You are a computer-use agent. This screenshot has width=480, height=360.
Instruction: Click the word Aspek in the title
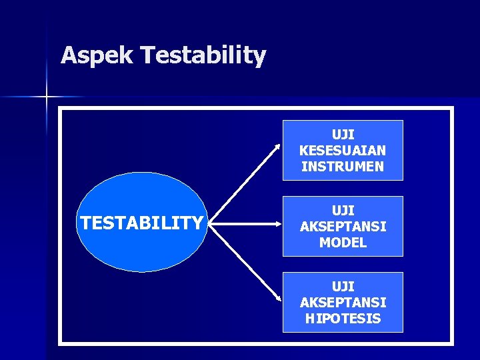97,55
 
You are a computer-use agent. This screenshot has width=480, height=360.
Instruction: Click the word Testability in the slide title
203,55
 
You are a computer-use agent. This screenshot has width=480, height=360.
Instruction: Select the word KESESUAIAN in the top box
343,151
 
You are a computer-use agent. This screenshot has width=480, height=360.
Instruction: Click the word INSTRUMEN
343,167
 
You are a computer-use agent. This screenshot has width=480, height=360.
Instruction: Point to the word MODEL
343,243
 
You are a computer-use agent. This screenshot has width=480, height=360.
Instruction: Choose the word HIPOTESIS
343,319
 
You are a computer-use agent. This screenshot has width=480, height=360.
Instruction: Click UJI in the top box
343,135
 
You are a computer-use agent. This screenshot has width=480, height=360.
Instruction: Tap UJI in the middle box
343,211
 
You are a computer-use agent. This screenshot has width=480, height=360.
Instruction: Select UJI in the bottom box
343,287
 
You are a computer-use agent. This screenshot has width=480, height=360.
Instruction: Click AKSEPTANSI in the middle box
343,227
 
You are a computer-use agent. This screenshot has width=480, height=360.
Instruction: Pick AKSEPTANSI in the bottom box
343,303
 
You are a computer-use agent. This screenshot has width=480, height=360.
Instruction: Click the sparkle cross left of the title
47,97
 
